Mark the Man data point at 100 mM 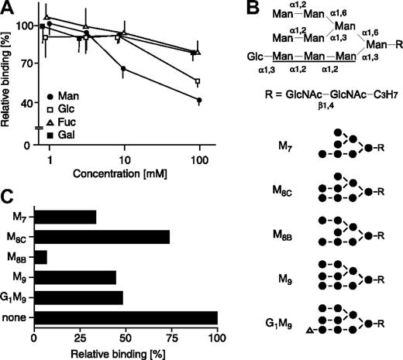(200, 101)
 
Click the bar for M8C (102, 237)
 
